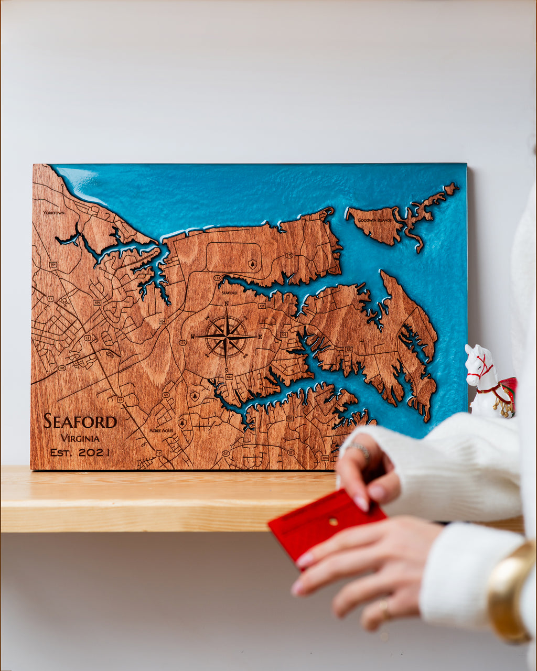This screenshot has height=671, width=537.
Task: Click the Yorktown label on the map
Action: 54,213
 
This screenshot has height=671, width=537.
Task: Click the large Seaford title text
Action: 80,421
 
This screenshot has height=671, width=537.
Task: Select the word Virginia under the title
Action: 80,438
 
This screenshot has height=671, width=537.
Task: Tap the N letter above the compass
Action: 227,304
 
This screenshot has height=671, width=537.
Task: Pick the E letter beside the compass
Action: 260,337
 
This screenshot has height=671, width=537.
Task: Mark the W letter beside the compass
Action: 193,337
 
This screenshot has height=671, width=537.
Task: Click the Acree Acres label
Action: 161,430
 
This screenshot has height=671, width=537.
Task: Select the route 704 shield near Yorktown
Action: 52,265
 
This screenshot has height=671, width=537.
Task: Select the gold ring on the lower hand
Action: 384,608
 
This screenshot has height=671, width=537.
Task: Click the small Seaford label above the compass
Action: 229,293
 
